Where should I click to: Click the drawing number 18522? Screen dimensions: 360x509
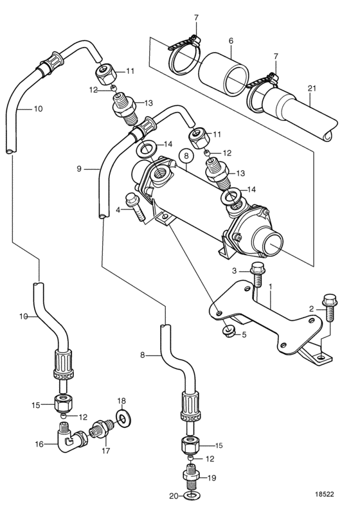[x=324, y=494]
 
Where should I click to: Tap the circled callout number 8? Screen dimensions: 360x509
[x=186, y=156]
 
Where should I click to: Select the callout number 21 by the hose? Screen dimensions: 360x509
[x=312, y=88]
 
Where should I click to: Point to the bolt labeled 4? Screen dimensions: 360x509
[x=135, y=207]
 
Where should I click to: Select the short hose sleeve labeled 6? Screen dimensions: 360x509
[x=223, y=74]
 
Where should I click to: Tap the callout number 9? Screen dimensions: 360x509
[x=79, y=169]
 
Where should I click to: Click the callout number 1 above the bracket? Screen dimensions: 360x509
[x=271, y=287]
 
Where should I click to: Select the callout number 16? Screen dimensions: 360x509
[x=39, y=443]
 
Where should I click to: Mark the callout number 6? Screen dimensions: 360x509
[x=231, y=40]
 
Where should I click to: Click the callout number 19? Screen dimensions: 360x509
[x=212, y=478]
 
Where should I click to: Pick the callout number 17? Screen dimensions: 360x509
[x=106, y=451]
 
